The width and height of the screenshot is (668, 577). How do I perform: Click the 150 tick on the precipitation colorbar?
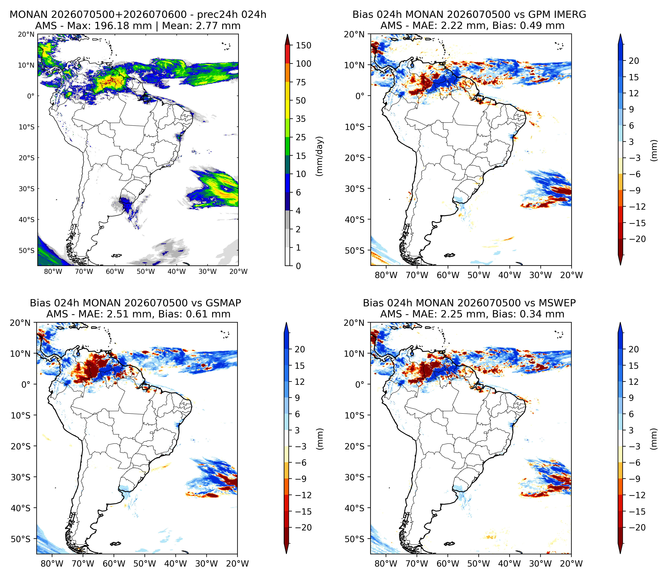[x=304, y=46]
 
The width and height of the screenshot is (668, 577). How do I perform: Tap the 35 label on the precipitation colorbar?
[x=301, y=119]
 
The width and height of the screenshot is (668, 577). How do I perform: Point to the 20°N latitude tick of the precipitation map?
[x=26, y=34]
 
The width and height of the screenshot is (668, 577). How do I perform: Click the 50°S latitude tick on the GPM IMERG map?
[x=355, y=250]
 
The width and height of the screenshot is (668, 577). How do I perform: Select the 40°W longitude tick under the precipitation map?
[x=177, y=271]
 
